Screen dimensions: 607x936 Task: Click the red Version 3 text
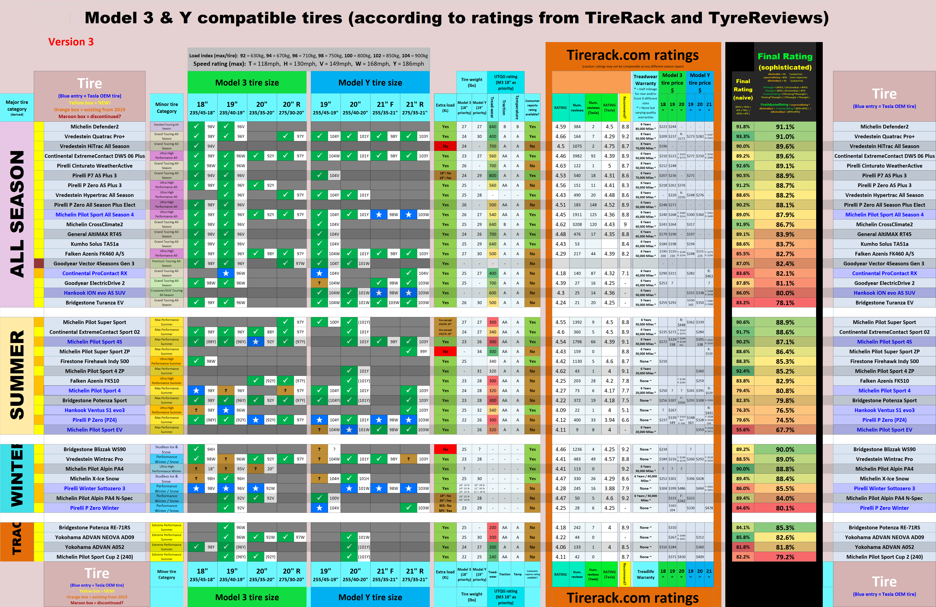pyautogui.click(x=71, y=42)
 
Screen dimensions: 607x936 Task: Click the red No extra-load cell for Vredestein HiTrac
pyautogui.click(x=445, y=146)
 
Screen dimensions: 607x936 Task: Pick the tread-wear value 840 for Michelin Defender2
pyautogui.click(x=492, y=127)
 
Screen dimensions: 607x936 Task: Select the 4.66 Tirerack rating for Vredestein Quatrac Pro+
pyautogui.click(x=560, y=136)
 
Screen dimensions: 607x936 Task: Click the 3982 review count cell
pyautogui.click(x=577, y=156)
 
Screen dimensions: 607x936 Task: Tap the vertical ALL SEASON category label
pyautogui.click(x=17, y=214)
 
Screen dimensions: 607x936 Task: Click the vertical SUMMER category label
pyautogui.click(x=17, y=375)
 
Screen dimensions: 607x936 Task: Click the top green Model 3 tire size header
pyautogui.click(x=247, y=83)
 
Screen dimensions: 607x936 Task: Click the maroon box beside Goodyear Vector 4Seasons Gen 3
pyautogui.click(x=39, y=263)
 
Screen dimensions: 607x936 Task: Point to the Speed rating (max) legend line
pyautogui.click(x=308, y=64)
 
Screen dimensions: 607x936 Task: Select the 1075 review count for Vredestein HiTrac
pyautogui.click(x=577, y=146)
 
